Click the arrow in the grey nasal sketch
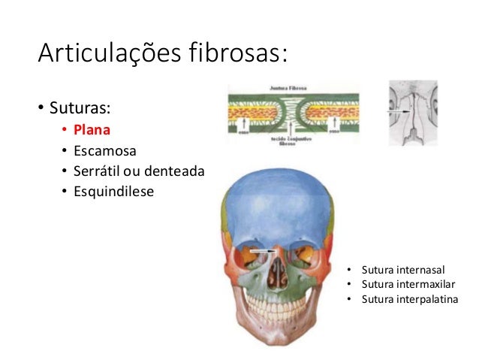[x=396, y=111]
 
